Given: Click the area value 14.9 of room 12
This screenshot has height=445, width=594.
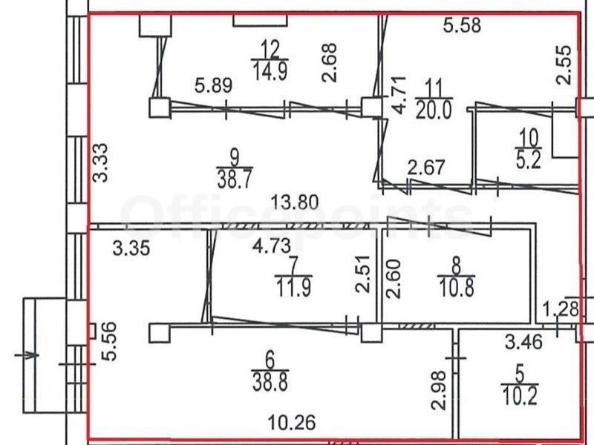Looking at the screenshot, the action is click(x=270, y=70).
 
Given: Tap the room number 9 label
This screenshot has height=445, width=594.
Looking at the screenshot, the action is click(x=235, y=158).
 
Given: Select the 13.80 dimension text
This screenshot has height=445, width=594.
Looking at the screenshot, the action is click(x=295, y=202).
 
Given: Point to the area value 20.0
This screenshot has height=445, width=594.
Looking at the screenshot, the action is click(x=434, y=111).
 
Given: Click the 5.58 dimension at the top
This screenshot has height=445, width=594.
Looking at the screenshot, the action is click(x=462, y=25).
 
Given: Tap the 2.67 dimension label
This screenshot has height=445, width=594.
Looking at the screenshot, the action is click(x=425, y=168).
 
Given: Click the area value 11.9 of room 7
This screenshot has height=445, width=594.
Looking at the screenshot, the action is click(x=294, y=287).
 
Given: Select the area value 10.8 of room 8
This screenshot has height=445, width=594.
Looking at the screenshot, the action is click(x=457, y=286).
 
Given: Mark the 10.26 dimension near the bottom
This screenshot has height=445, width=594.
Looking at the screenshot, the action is click(x=292, y=422).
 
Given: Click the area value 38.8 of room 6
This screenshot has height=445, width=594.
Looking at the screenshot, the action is click(x=270, y=382).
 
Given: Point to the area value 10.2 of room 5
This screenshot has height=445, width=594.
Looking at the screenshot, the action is click(x=520, y=396).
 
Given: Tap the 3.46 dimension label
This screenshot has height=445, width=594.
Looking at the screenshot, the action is click(x=524, y=342).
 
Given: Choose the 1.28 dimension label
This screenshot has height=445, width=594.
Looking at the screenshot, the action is click(x=561, y=309).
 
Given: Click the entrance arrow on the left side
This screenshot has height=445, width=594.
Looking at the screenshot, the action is click(x=27, y=355).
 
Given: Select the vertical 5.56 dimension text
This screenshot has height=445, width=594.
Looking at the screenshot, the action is click(x=108, y=341).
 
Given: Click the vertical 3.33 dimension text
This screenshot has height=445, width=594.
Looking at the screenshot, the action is click(x=102, y=162).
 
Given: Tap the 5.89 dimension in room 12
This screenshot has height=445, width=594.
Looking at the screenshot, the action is click(x=213, y=85).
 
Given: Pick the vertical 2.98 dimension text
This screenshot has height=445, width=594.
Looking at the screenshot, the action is click(x=439, y=391).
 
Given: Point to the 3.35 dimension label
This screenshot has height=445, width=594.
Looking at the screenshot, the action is click(x=131, y=248).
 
